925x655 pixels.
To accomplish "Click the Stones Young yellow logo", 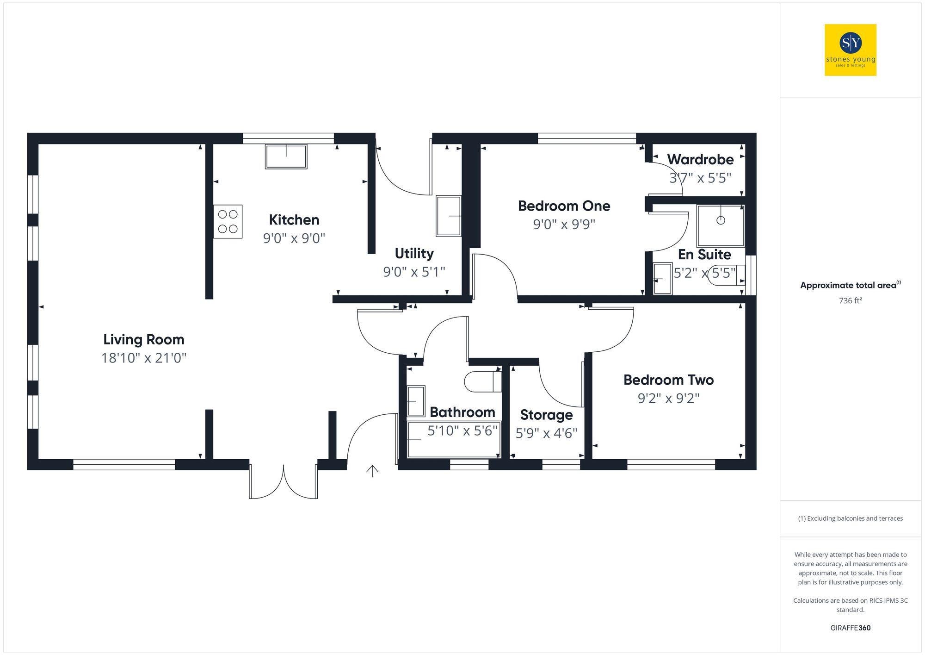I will [850, 50].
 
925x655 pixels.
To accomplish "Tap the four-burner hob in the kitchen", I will [228, 222].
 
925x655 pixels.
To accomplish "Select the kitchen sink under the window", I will [286, 156].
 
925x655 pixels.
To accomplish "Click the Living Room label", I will [144, 339].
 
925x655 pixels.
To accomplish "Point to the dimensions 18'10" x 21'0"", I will [144, 358].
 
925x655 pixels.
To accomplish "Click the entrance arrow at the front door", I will [372, 471].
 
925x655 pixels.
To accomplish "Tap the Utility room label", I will [414, 253].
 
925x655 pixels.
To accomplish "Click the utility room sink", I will [449, 216].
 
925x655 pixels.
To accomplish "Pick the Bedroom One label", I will [564, 206].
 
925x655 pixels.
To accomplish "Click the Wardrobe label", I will [700, 159].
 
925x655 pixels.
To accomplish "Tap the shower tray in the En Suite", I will [720, 225].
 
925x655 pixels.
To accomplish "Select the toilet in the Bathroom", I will [482, 381].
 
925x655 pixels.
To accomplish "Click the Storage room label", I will [546, 415].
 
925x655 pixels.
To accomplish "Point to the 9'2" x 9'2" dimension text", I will [668, 398].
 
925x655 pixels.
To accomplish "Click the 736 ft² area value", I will [850, 300].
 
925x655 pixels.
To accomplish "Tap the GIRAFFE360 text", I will [850, 628].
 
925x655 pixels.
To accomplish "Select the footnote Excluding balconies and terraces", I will [850, 518].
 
